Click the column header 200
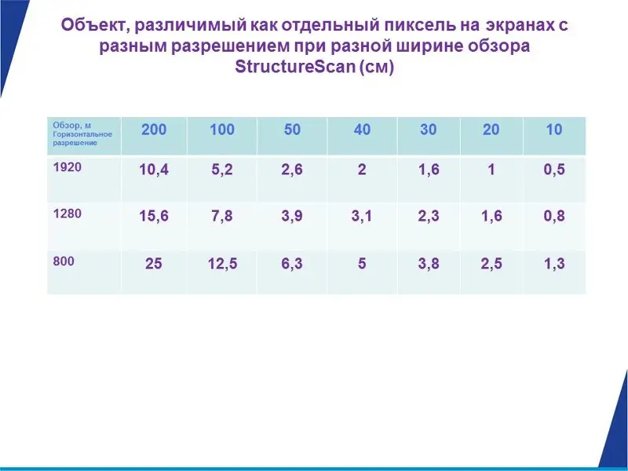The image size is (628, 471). click(x=154, y=130)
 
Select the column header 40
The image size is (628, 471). click(x=362, y=130)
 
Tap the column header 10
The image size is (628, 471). click(x=554, y=130)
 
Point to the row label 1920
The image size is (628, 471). click(x=68, y=167)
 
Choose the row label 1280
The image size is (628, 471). click(x=68, y=214)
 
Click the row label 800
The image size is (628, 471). click(x=64, y=261)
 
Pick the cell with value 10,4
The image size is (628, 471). click(x=154, y=170)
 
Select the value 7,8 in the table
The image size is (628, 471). click(x=222, y=217)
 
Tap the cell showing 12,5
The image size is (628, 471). click(x=222, y=264)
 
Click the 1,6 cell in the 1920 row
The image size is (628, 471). click(x=429, y=170)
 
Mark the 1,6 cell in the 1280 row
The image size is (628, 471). click(x=491, y=217)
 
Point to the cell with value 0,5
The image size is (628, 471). click(x=554, y=170)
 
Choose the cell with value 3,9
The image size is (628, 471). click(x=292, y=217)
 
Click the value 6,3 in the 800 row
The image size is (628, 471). click(x=292, y=264)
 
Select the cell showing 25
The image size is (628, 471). click(x=153, y=264)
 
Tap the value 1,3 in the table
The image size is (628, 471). click(x=554, y=264)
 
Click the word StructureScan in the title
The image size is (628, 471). click(x=295, y=67)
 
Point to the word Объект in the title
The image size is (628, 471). click(x=96, y=26)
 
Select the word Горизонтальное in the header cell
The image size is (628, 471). click(x=82, y=134)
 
